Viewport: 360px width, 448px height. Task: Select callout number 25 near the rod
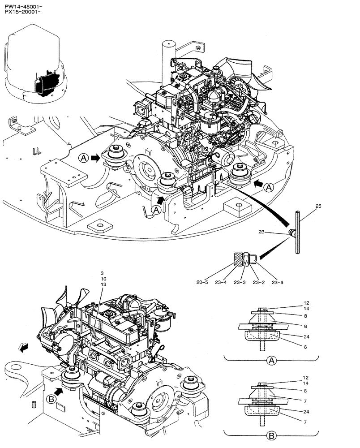coord(318,207)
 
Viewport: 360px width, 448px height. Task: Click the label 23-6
coord(278,282)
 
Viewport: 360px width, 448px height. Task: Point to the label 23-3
coord(242,282)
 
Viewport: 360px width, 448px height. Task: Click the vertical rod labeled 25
coord(297,233)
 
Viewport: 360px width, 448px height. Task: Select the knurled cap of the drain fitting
coord(238,258)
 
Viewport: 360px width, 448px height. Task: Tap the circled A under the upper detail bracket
coord(271,360)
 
